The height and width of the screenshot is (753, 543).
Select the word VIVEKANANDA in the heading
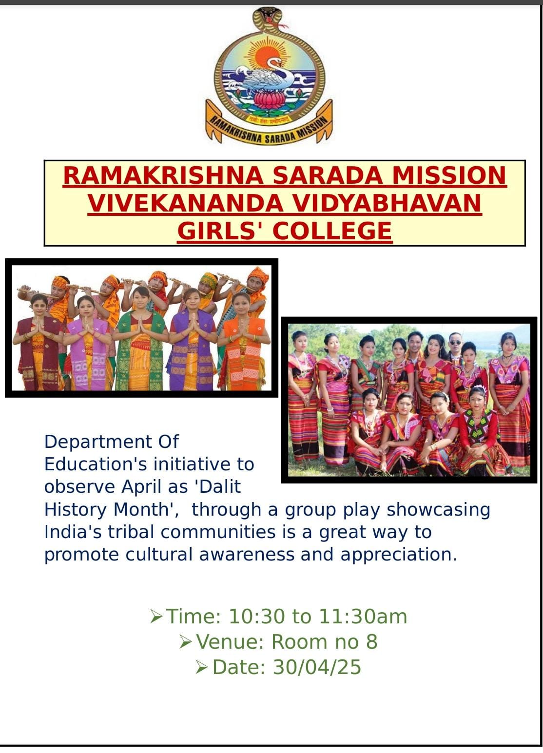pos(185,203)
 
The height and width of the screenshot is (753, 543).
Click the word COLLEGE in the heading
pos(332,231)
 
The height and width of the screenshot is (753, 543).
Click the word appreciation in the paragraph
pos(399,555)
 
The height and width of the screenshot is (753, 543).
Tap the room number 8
pos(372,642)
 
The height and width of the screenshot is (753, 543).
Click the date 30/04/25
pos(317,667)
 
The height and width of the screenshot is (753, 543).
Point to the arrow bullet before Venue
pos(186,642)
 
